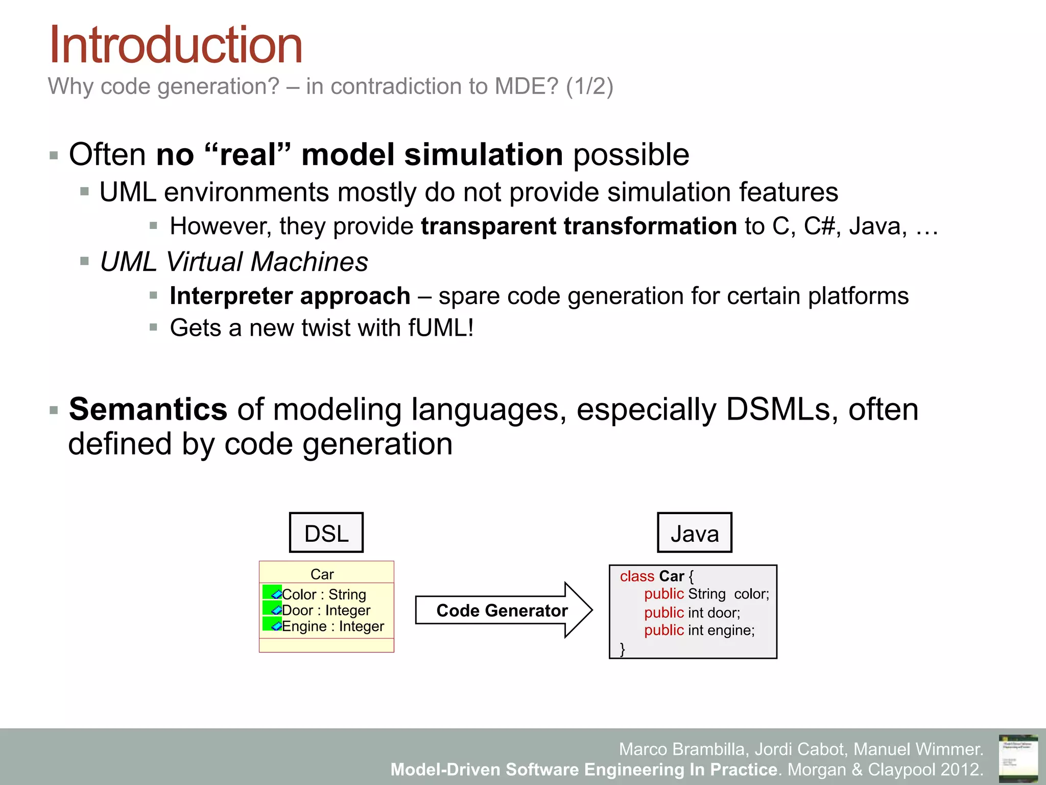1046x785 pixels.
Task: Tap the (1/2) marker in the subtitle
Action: (x=589, y=86)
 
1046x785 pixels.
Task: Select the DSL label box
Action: (x=326, y=533)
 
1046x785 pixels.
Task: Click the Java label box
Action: (x=694, y=533)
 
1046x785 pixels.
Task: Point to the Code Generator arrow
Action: (x=503, y=610)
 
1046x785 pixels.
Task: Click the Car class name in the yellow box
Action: (x=322, y=574)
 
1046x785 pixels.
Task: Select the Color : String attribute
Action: (x=324, y=594)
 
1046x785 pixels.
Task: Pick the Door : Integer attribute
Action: (x=326, y=610)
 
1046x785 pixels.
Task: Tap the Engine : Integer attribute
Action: (x=332, y=626)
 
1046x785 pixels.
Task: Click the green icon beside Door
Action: (x=272, y=609)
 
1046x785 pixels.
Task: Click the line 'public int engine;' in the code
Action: (x=699, y=630)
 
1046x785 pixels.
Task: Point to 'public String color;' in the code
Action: (x=706, y=594)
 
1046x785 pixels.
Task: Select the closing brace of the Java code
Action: (x=622, y=649)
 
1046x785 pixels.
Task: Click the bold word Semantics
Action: (x=148, y=409)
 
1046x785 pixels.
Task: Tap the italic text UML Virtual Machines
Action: (x=233, y=262)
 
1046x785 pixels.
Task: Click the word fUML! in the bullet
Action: (x=441, y=328)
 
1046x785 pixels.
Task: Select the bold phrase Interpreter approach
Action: (x=290, y=296)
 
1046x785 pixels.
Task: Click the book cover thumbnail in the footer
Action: (x=1018, y=758)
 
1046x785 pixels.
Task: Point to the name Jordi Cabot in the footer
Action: (x=799, y=749)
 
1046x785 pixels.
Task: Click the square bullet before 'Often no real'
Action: (x=54, y=155)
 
